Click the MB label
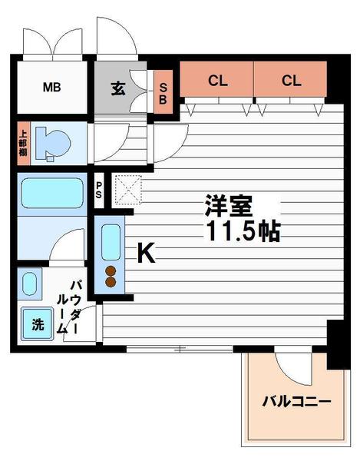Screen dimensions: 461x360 click(51, 87)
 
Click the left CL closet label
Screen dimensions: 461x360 click(217, 80)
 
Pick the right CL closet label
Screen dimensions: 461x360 click(290, 80)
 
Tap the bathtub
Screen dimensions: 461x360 click(51, 194)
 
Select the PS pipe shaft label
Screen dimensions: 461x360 click(100, 188)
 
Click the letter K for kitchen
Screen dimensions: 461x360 click(146, 253)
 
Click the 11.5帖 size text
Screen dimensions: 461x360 click(242, 230)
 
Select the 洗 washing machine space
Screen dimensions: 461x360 click(38, 324)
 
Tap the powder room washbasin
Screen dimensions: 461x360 click(29, 284)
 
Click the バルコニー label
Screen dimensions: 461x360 click(296, 400)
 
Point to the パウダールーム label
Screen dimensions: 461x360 click(70, 306)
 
